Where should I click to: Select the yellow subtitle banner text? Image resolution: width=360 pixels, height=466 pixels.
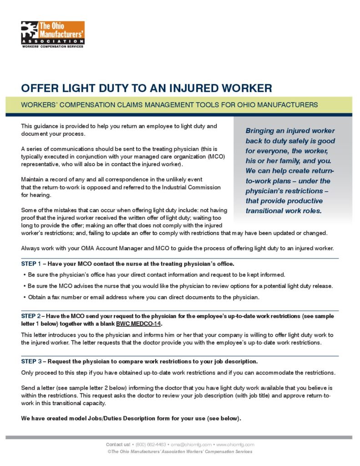169,105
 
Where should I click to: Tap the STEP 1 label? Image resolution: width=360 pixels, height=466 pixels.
31,264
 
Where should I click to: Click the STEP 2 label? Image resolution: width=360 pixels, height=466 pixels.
31,316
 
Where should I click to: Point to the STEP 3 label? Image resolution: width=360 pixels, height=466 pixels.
31,361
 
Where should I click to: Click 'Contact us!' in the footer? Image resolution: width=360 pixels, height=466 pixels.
118,444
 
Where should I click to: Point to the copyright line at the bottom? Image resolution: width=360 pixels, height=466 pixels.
179,451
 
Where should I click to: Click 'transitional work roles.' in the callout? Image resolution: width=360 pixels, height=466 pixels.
284,211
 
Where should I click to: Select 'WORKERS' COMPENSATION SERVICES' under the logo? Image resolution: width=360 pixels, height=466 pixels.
52,46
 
